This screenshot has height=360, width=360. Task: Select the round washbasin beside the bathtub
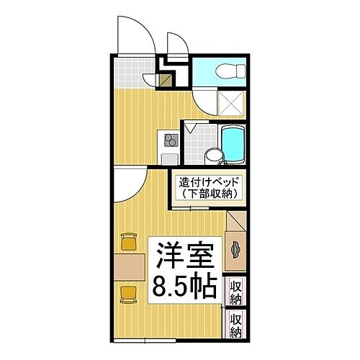(212, 153)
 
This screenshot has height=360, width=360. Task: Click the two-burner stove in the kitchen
(171, 139)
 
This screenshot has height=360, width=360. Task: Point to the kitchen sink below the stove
(170, 157)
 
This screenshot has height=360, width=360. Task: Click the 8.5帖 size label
(184, 288)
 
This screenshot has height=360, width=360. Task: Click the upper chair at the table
(128, 240)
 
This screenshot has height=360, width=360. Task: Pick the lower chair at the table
(128, 292)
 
